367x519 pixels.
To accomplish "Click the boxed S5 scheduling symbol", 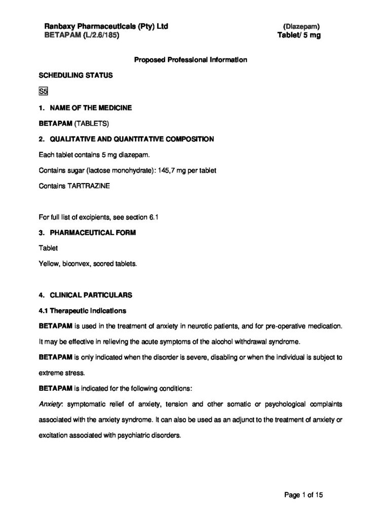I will tap(43, 92).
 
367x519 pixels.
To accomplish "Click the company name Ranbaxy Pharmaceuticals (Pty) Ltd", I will tap(103, 26).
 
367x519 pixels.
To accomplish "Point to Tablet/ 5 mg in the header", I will tap(299, 35).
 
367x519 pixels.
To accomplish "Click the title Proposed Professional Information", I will tap(191, 60).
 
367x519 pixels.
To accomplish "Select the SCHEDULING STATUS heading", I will tap(72, 76).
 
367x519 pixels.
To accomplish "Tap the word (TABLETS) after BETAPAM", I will tap(92, 123).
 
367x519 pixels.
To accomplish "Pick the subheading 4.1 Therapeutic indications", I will tap(83, 310).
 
